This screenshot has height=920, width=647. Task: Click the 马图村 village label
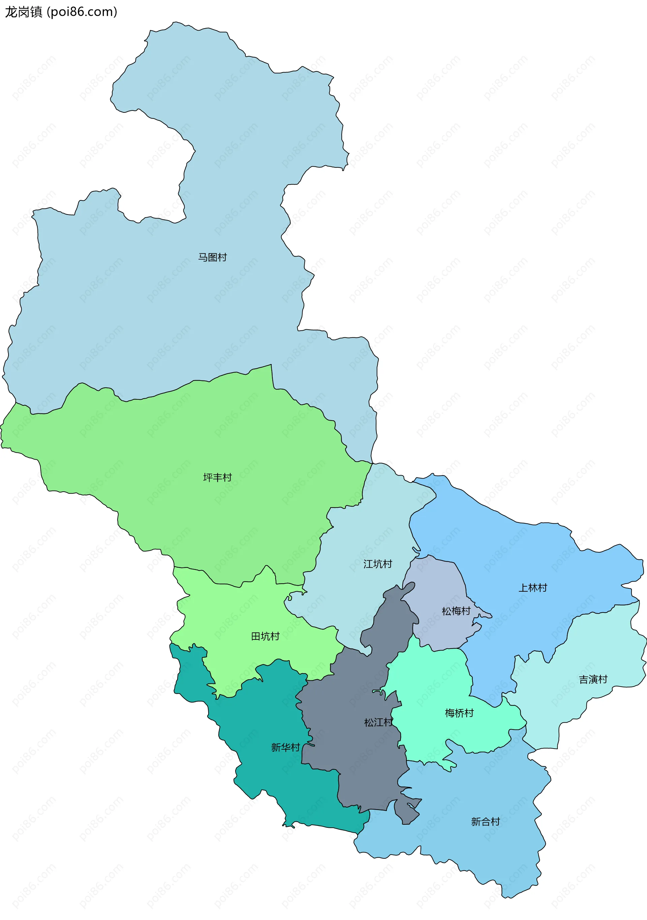tap(212, 257)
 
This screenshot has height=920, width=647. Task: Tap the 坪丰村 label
tap(217, 477)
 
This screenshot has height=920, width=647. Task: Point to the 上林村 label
tap(533, 588)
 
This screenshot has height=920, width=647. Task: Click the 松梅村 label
tap(456, 611)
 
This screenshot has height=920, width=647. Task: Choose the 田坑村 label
tap(265, 636)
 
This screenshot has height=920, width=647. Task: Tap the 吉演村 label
tap(593, 680)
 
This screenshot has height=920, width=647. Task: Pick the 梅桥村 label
tap(459, 713)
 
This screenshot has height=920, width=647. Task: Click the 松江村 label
tap(378, 722)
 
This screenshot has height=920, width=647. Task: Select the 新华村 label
tap(285, 748)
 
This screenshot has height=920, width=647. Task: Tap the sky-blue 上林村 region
tap(501, 553)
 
